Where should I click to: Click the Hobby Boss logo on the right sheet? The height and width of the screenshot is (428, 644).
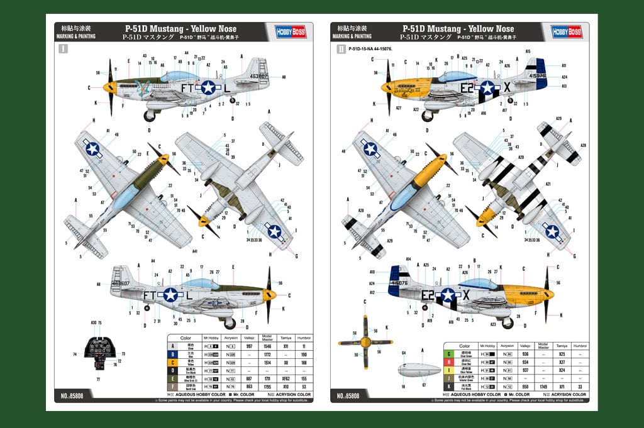tap(566, 32)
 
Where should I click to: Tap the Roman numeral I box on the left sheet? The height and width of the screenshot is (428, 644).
tap(62, 48)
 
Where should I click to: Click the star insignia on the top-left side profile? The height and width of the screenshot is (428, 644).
tap(208, 87)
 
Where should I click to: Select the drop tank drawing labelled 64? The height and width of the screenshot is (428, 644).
tap(418, 370)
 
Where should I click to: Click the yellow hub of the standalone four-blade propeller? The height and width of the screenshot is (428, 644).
tap(365, 342)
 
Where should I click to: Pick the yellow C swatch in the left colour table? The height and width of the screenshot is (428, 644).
tap(173, 363)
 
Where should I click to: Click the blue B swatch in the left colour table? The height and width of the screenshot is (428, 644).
tap(173, 354)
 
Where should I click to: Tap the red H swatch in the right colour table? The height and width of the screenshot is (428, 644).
tap(449, 363)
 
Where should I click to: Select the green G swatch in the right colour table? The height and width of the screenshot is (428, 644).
tap(449, 354)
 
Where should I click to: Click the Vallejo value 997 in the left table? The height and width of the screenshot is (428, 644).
tap(250, 346)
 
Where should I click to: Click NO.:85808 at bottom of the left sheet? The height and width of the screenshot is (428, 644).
tap(73, 395)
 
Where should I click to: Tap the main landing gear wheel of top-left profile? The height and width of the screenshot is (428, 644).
tap(150, 116)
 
